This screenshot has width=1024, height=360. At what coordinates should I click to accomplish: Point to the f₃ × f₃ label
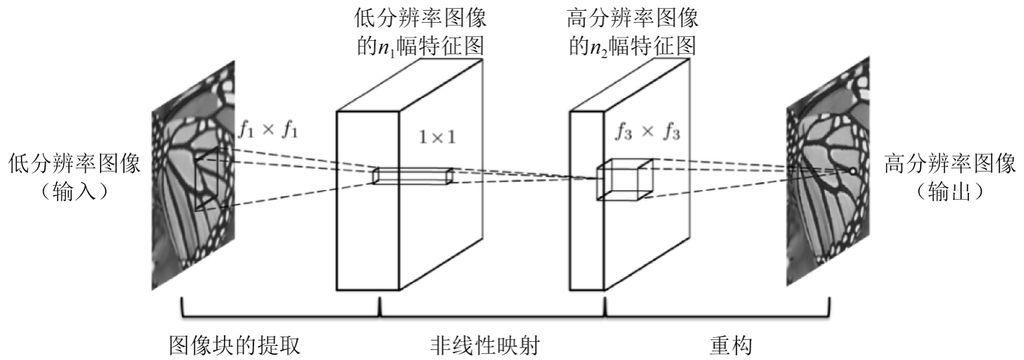coord(647,132)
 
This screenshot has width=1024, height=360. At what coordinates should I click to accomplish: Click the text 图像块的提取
coord(233,345)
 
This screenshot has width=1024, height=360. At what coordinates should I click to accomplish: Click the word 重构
coord(730,345)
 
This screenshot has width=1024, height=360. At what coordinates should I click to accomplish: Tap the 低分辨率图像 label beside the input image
coord(74,164)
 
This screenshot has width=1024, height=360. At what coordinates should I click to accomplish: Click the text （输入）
coord(74,191)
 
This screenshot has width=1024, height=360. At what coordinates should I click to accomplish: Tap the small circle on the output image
coord(852,172)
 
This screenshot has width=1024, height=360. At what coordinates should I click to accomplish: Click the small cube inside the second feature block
coord(624,179)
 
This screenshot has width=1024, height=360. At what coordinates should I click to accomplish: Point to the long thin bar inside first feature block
coord(413,175)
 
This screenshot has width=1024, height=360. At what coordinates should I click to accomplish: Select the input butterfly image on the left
coord(194,174)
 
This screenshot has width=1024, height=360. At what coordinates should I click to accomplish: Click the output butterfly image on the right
coord(828,174)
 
